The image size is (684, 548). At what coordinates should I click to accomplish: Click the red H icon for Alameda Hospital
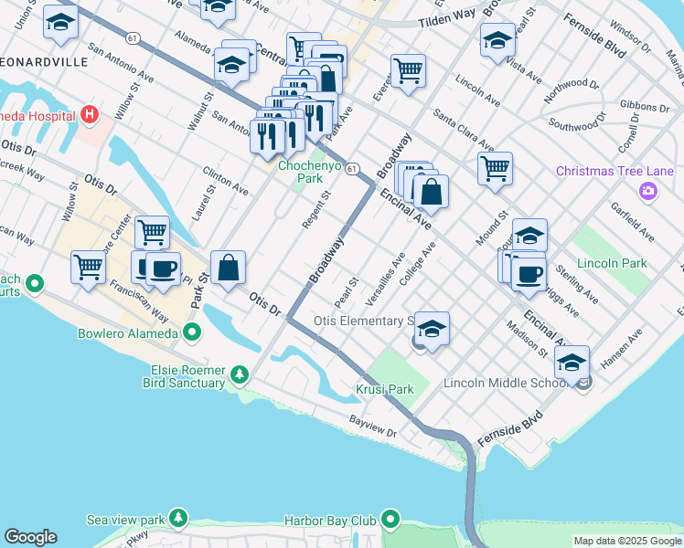click(89, 115)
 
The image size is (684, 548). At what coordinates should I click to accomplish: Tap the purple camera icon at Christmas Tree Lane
click(648, 190)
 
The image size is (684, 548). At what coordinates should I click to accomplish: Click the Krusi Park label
click(384, 389)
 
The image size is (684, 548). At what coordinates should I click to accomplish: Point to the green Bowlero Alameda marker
click(192, 332)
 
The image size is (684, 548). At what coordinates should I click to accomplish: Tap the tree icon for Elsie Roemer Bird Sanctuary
click(240, 374)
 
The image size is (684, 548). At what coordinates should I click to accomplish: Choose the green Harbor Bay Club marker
click(391, 521)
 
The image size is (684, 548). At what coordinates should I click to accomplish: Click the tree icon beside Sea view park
click(177, 519)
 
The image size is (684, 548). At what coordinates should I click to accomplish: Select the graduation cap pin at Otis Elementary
click(433, 328)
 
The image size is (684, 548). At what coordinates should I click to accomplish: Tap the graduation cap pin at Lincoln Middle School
click(572, 362)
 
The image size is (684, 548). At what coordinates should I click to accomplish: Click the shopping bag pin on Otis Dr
click(229, 268)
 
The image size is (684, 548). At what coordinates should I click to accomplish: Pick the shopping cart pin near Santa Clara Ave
click(495, 167)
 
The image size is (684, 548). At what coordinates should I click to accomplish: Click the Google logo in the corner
click(30, 537)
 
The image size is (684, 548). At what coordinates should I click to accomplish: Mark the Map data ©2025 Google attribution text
click(626, 541)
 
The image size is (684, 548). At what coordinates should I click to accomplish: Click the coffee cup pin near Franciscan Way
click(163, 269)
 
